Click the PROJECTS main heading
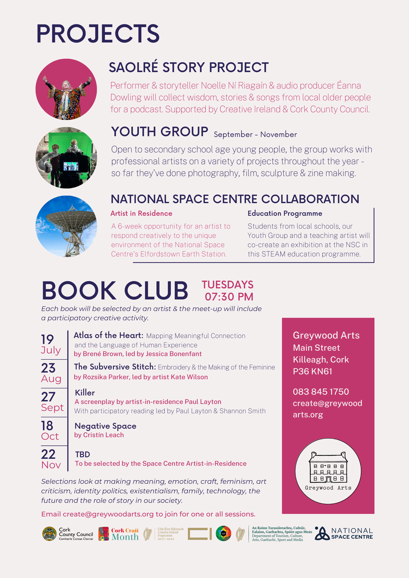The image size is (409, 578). click(x=98, y=34)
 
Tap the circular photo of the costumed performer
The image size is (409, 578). click(x=66, y=89)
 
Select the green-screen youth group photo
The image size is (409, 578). click(x=66, y=158)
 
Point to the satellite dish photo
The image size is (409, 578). click(x=66, y=226)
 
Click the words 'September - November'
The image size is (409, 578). click(x=255, y=134)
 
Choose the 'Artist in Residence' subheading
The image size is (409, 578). click(x=141, y=213)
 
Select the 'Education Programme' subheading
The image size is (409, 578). click(x=285, y=213)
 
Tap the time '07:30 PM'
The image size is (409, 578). click(x=229, y=297)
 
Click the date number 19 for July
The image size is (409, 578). click(x=47, y=339)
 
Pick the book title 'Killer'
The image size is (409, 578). click(x=85, y=393)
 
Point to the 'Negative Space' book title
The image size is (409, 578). click(x=105, y=426)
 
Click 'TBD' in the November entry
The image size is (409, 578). click(x=82, y=454)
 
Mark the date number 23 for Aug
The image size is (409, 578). click(x=48, y=368)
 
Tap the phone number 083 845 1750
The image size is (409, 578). click(x=321, y=392)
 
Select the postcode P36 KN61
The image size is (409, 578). click(x=312, y=371)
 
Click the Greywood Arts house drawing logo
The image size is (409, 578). click(x=328, y=471)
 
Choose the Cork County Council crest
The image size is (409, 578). click(x=49, y=534)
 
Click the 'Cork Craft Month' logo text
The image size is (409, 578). click(x=125, y=534)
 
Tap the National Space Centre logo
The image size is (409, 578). click(x=344, y=533)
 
